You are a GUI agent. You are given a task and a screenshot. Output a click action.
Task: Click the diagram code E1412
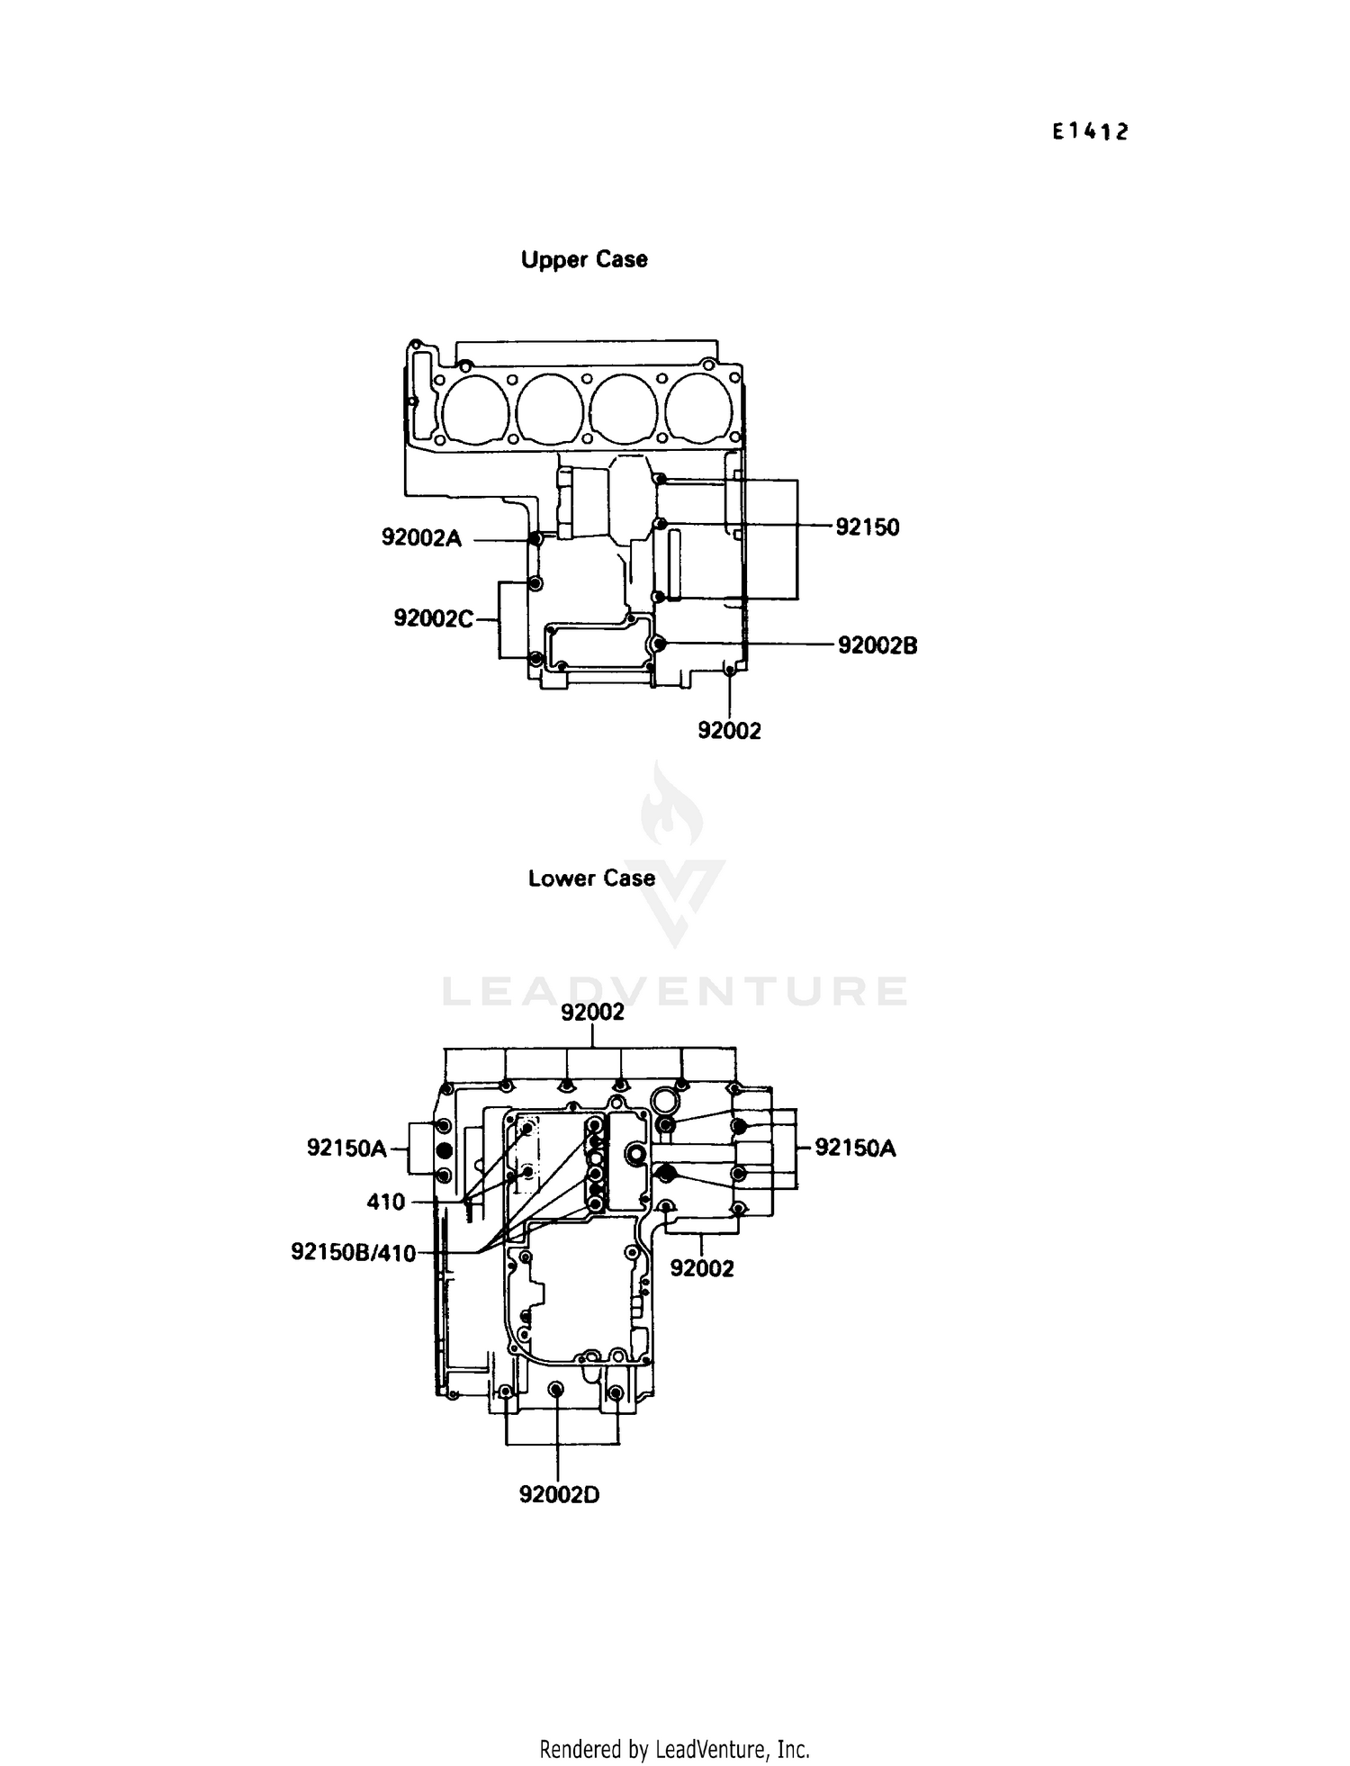coord(1090,132)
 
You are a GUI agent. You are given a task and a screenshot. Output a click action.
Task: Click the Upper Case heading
coord(584,260)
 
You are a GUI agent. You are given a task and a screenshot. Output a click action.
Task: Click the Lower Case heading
coord(591,878)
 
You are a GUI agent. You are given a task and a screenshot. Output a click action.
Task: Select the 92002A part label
coord(421,538)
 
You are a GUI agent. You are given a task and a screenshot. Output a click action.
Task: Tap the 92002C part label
coord(433,619)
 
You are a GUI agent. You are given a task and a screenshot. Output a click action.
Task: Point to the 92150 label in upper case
coord(867,527)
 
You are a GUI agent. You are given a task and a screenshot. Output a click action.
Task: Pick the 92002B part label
coord(877,645)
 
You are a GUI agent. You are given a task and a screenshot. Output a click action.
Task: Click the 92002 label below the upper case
coord(729,731)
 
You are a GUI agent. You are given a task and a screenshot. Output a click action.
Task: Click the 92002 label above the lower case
coord(592,1013)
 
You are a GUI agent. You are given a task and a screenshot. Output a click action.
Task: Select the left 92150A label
coord(346,1149)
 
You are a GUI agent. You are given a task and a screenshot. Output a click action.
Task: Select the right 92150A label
coord(855,1148)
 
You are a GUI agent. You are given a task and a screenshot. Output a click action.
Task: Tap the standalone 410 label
coord(386,1202)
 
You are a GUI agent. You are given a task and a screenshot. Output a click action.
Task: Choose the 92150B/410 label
coord(353,1252)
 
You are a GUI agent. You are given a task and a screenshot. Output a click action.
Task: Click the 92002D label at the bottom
coord(559,1495)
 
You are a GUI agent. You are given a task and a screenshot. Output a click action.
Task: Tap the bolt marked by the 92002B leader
coord(660,644)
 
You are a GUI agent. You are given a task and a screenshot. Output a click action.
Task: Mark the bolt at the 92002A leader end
coord(535,539)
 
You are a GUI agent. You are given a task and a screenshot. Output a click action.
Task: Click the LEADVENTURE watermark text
coord(675,991)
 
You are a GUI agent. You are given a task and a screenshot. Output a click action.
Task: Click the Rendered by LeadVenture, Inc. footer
coord(674,1749)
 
